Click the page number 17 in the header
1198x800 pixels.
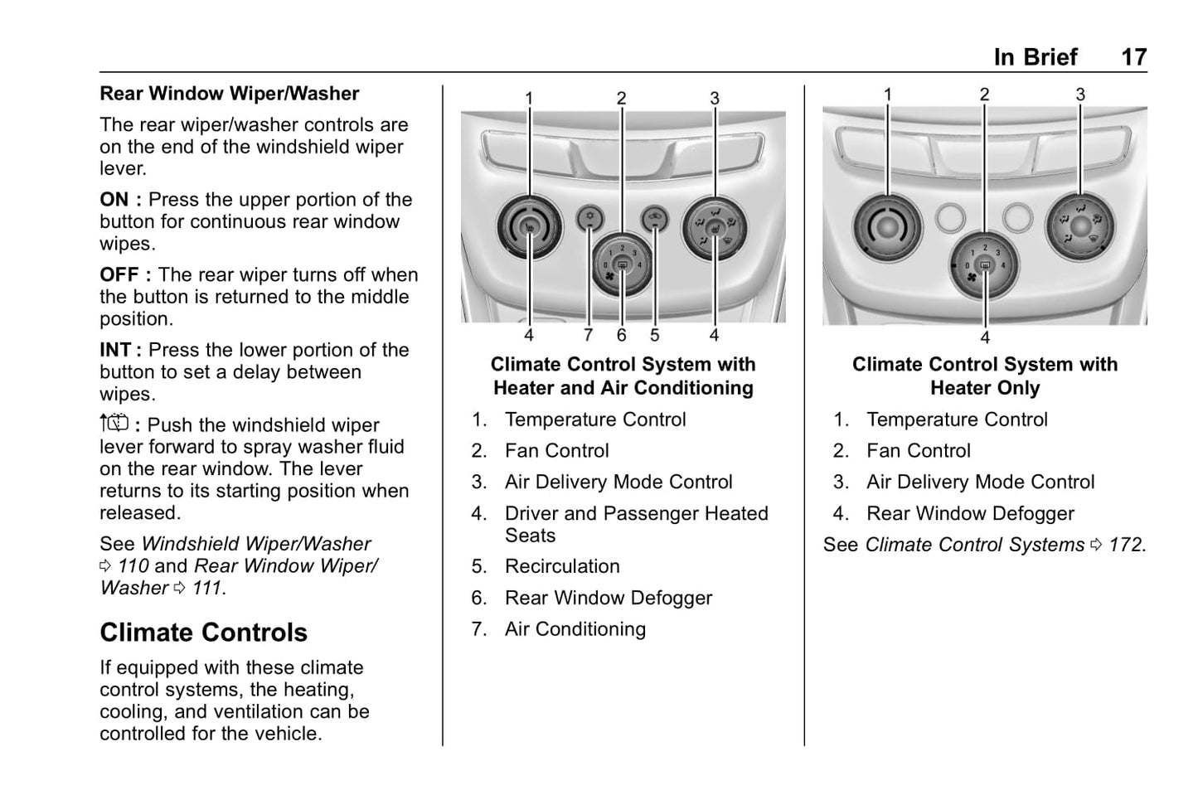click(1133, 57)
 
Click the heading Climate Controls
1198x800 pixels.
click(203, 633)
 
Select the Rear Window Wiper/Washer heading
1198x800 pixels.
click(229, 94)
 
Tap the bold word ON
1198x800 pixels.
click(114, 200)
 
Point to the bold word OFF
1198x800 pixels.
click(119, 275)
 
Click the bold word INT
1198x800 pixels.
click(115, 351)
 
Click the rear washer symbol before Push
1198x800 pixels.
click(114, 424)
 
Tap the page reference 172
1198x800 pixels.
click(1126, 545)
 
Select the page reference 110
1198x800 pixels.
click(133, 566)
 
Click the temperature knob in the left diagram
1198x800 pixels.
click(529, 226)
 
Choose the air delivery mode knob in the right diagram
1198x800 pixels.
click(1080, 226)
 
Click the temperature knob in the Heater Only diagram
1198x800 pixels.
click(887, 225)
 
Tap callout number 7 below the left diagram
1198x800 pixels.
click(588, 336)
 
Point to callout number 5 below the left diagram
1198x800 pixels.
click(655, 336)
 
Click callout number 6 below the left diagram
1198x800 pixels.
click(621, 336)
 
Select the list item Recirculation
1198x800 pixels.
click(562, 566)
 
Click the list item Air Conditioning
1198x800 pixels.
click(575, 629)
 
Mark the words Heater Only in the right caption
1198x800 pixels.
click(985, 388)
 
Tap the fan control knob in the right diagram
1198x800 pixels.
click(985, 266)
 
